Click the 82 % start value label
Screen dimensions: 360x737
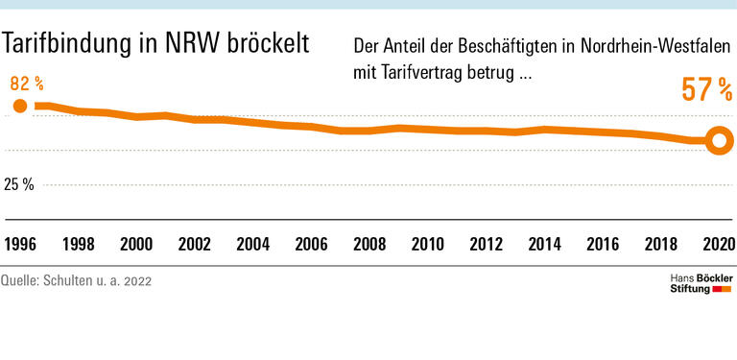pyautogui.click(x=27, y=84)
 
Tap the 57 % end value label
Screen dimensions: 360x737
pyautogui.click(x=706, y=92)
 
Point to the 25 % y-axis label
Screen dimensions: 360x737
pyautogui.click(x=18, y=184)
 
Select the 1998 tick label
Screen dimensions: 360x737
pyautogui.click(x=78, y=244)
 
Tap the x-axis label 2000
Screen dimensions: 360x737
pyautogui.click(x=136, y=244)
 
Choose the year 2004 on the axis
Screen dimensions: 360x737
pyautogui.click(x=254, y=244)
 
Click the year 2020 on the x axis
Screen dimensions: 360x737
pyautogui.click(x=717, y=244)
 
